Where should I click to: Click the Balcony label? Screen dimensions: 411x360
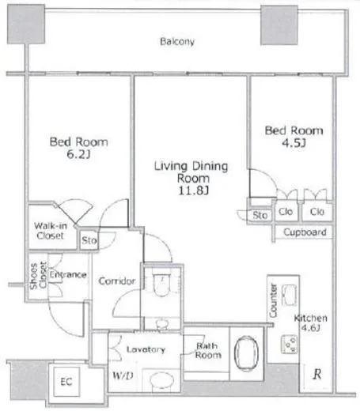click(x=177, y=41)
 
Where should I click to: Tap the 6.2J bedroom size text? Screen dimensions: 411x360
click(x=78, y=156)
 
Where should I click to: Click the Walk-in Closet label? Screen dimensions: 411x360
click(x=49, y=230)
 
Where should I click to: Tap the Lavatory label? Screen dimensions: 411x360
click(x=146, y=349)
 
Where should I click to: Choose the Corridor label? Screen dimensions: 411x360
click(x=117, y=282)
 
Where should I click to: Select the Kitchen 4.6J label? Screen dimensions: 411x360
click(x=309, y=322)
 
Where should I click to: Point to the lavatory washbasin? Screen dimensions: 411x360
click(x=162, y=378)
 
